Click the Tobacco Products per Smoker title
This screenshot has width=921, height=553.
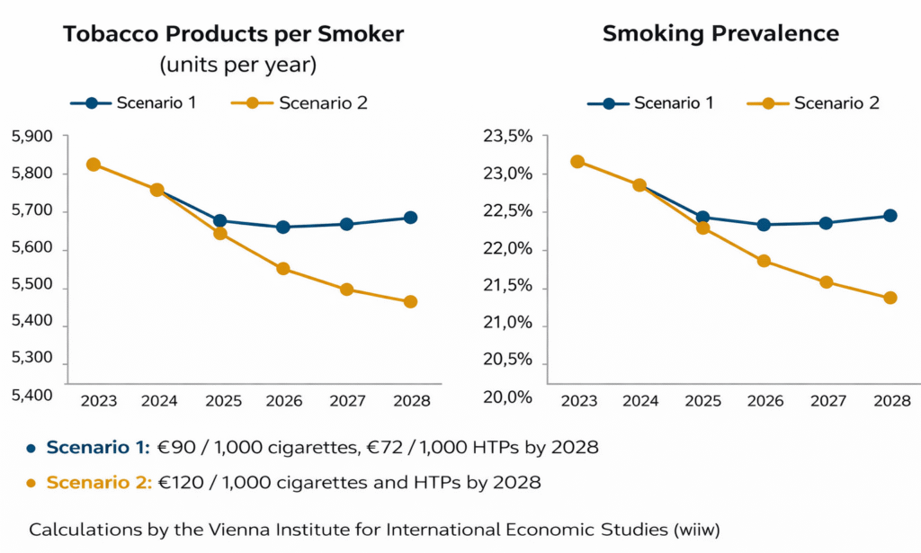pos(233,34)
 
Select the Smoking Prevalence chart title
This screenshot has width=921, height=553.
pos(720,34)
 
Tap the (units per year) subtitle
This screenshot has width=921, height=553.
pos(238,66)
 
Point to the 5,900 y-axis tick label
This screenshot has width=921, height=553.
pos(32,137)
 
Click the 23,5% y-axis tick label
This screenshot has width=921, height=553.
pos(508,137)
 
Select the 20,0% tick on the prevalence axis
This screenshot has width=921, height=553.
pos(508,397)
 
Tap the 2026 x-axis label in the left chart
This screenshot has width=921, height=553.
pos(283,400)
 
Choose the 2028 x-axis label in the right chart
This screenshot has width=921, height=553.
pos(891,400)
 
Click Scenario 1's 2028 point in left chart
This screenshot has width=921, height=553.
pos(410,218)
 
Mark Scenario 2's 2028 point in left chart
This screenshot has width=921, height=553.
pos(410,301)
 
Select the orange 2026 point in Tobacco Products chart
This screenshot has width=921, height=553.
pos(283,269)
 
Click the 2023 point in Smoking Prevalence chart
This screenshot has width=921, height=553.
pos(577,162)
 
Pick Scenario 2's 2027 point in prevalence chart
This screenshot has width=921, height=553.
pos(827,282)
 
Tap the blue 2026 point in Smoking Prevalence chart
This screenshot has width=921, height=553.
pos(764,225)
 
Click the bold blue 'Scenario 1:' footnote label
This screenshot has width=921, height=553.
pos(98,448)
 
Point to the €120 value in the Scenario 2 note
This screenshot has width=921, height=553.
pos(174,483)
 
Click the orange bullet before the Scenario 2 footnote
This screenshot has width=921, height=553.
pos(31,483)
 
